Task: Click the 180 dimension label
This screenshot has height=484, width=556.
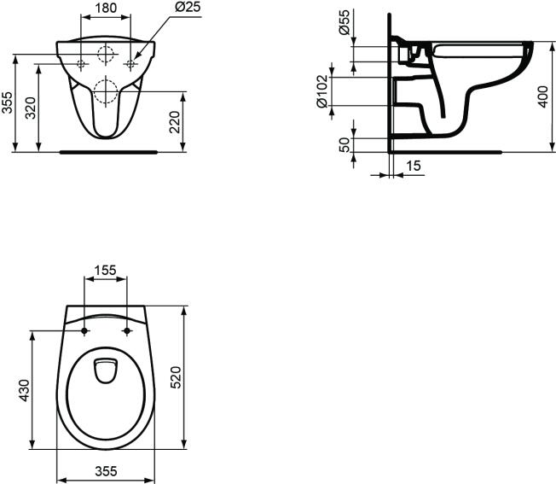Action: [106, 8]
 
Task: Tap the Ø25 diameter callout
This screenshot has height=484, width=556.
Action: [188, 7]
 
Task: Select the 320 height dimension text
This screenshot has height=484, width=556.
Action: [32, 108]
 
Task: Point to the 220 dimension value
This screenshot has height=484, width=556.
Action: [175, 122]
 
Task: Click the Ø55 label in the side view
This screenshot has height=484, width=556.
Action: [344, 22]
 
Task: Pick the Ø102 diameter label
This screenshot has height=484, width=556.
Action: [322, 91]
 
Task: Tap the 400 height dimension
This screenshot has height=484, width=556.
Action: [543, 96]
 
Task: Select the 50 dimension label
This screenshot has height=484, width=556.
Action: [345, 145]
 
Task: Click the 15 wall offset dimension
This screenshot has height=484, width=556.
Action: [413, 166]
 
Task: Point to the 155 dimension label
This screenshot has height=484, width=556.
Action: [105, 271]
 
